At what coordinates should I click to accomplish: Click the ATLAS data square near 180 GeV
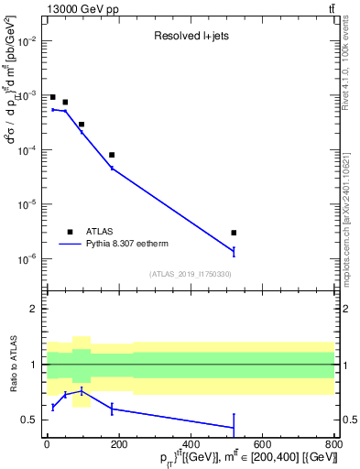[112, 155]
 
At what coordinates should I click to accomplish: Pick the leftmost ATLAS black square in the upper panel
[53, 97]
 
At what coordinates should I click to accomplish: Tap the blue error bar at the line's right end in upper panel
[234, 251]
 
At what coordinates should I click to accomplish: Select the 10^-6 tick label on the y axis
[27, 259]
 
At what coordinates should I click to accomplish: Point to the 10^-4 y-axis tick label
[27, 150]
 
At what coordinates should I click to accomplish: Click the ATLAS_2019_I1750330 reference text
[190, 274]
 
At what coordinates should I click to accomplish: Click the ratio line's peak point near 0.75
[82, 391]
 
